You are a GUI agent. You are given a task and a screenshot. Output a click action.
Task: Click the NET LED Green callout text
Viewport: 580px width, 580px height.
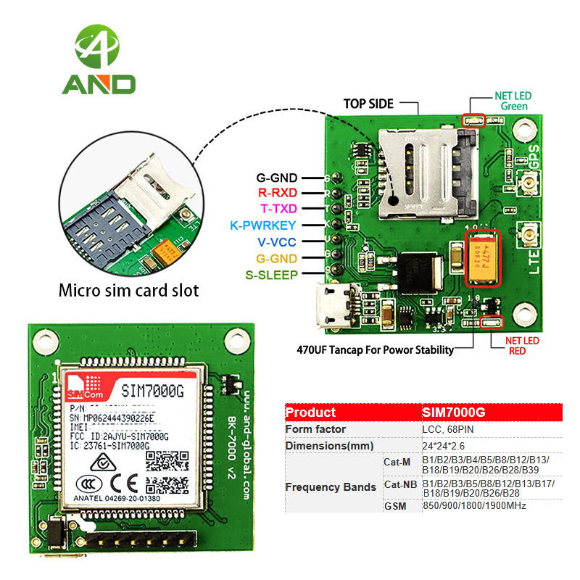tap(511, 101)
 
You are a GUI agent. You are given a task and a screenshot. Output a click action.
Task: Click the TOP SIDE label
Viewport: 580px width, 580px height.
tap(370, 104)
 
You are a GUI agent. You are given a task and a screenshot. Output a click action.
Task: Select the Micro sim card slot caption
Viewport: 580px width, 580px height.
tap(128, 291)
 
